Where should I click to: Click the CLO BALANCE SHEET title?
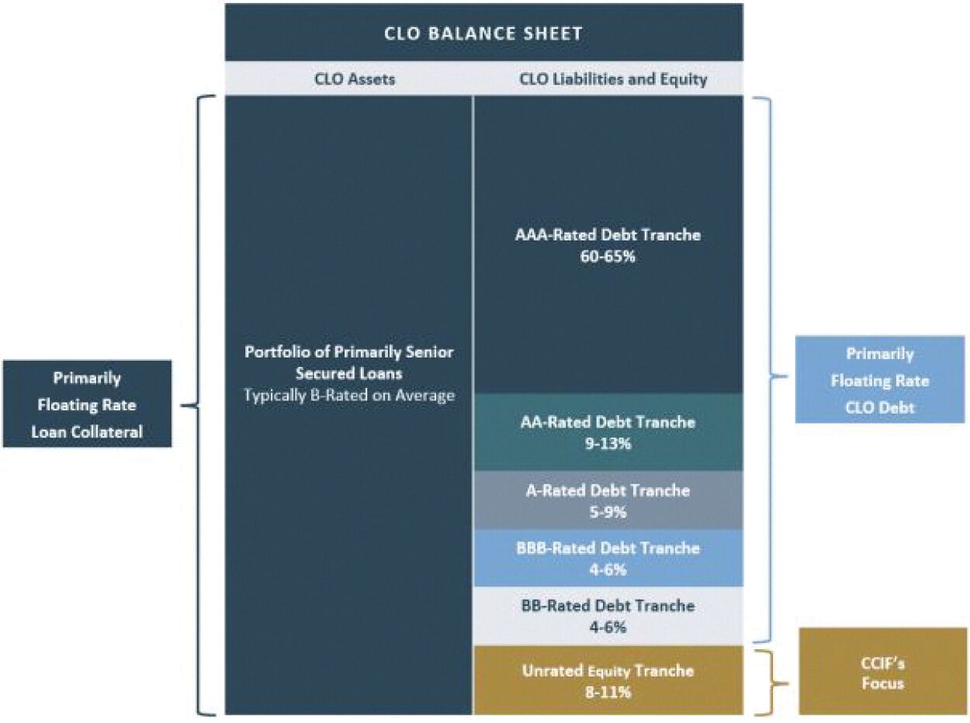point(483,33)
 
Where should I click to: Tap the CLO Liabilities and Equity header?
point(611,79)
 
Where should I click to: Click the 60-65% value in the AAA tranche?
point(608,255)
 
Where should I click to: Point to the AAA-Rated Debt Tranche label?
point(608,234)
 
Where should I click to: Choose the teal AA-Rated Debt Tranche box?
point(608,432)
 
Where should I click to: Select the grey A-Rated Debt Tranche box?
point(608,500)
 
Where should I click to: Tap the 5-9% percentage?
point(608,512)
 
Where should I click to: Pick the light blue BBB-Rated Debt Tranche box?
point(608,558)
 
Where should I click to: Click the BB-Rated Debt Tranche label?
point(608,605)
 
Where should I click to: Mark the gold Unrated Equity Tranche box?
point(608,680)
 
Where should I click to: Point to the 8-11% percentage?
point(608,692)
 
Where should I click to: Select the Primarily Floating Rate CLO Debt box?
point(879,380)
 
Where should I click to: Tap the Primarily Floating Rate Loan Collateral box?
point(87,404)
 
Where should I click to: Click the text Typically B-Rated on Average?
point(349,396)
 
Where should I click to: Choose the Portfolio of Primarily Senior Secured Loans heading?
point(349,361)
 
